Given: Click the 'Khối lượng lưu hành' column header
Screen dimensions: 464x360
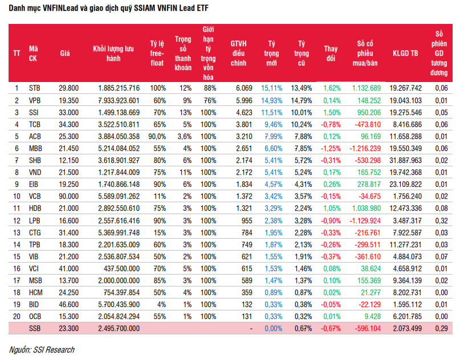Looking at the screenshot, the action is (x=113, y=53).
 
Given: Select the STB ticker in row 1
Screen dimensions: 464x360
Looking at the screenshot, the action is (x=35, y=88).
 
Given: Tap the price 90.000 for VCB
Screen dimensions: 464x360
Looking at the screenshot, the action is (x=68, y=197).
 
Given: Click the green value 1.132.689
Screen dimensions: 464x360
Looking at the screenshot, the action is (x=367, y=88).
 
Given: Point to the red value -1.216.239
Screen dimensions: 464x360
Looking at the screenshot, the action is (x=365, y=149).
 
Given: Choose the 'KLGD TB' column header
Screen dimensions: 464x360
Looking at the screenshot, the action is (x=405, y=53).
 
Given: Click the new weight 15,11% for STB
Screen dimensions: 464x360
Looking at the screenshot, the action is (x=272, y=88).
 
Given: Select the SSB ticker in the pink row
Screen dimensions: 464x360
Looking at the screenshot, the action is (x=35, y=328).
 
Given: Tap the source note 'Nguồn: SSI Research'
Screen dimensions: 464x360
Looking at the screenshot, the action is (x=42, y=350).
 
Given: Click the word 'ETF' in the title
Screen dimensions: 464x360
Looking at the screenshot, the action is (x=202, y=8).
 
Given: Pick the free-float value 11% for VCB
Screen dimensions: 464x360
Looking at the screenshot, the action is (x=160, y=197).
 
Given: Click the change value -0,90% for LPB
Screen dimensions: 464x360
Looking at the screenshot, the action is (x=331, y=221).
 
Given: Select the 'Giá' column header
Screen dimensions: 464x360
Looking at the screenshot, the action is (x=65, y=53).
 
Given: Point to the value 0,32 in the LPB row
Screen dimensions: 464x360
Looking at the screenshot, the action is (x=442, y=221).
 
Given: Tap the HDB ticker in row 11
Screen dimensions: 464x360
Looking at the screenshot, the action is (x=35, y=208).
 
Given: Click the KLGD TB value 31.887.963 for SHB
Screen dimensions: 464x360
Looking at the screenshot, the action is (x=405, y=161).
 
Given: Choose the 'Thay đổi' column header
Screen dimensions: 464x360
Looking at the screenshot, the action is (x=331, y=53).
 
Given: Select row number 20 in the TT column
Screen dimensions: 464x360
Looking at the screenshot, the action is (x=17, y=317).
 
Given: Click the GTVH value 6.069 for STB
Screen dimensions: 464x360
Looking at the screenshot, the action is (x=244, y=88).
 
